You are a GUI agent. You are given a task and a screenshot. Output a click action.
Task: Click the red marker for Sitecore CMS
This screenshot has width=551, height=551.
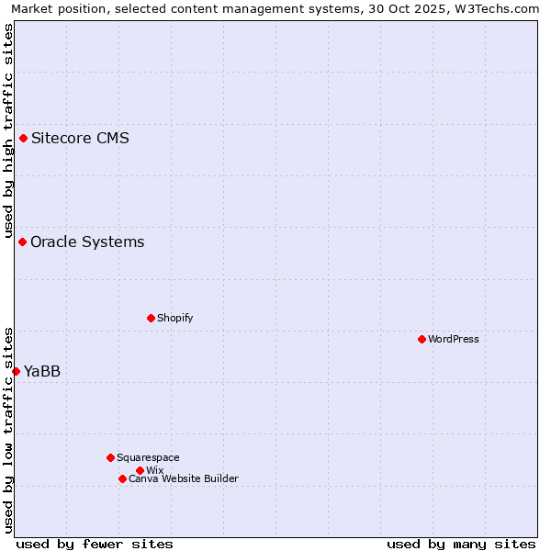click(23, 139)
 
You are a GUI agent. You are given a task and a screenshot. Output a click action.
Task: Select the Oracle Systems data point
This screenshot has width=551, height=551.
click(22, 242)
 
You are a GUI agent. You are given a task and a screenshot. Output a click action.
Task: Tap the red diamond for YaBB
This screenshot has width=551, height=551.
click(16, 371)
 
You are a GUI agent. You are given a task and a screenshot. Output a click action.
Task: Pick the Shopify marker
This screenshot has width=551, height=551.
click(151, 318)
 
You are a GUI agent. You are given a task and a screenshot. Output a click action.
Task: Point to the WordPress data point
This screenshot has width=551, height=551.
click(422, 339)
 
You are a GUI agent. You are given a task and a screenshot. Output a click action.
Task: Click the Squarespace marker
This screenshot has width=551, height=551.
click(110, 457)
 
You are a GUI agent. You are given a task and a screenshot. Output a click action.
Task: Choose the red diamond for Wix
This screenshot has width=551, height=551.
click(140, 470)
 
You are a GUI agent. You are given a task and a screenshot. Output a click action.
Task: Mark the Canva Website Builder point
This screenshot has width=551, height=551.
click(122, 478)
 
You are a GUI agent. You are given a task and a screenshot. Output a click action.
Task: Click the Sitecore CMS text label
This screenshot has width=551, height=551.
click(80, 139)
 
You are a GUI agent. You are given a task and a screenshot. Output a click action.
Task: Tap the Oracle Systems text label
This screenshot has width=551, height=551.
click(87, 242)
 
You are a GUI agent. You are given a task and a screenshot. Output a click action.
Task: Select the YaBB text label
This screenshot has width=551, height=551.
click(42, 371)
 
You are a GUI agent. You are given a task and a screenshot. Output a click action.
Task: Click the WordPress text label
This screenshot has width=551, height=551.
click(454, 339)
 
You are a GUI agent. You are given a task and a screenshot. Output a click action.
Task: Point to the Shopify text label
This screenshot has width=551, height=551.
click(175, 318)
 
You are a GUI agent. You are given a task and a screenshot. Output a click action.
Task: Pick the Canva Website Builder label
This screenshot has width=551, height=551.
click(184, 478)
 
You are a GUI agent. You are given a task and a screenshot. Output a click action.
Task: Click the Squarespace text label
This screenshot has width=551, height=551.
click(149, 457)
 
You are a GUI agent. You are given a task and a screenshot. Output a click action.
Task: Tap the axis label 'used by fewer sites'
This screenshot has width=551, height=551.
click(95, 544)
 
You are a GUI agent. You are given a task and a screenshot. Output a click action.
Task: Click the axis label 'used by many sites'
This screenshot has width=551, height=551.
click(461, 544)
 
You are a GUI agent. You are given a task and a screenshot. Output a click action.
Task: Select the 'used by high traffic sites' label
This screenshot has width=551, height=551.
click(8, 129)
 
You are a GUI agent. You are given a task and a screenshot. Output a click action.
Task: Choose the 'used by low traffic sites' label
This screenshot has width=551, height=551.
click(8, 429)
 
